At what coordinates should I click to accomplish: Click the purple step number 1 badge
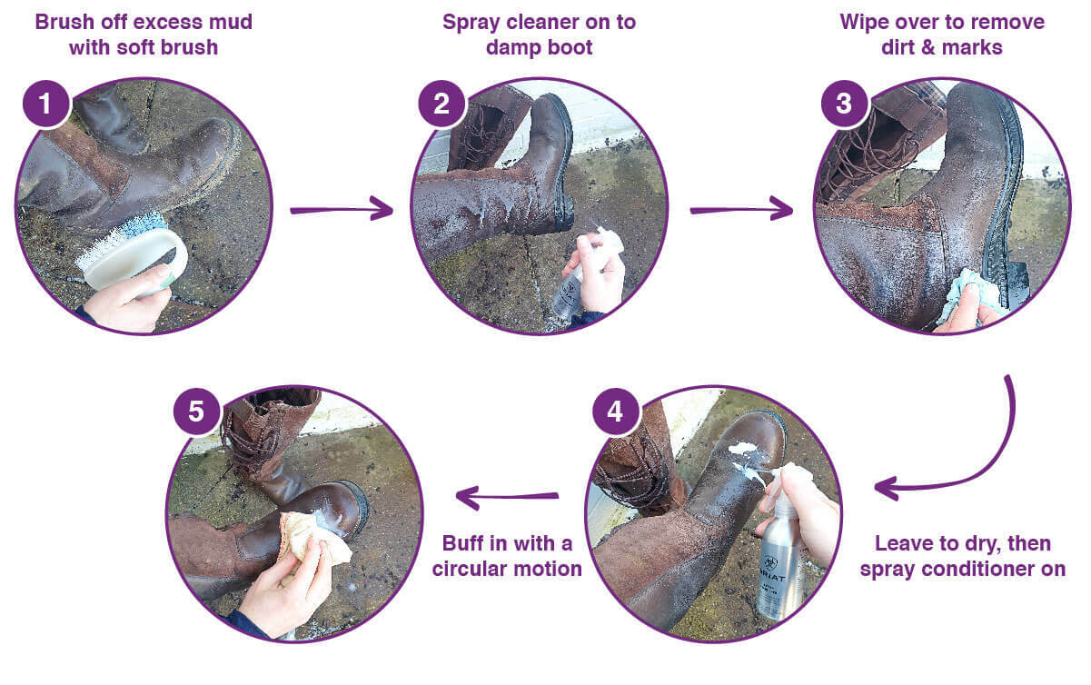click(43, 104)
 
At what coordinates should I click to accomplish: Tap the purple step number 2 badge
click(441, 104)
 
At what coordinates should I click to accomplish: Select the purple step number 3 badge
click(843, 104)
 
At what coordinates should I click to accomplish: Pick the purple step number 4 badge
click(615, 412)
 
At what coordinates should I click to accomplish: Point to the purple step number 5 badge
click(196, 412)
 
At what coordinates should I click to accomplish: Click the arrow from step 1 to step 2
click(342, 211)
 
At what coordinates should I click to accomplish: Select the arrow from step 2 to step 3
click(741, 211)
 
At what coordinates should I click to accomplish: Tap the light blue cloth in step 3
click(967, 295)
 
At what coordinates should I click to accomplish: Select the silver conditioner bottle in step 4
click(781, 554)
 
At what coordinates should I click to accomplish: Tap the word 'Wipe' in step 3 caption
click(867, 21)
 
